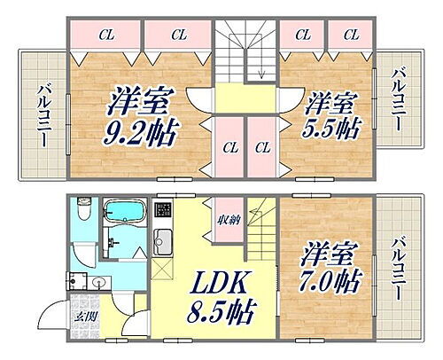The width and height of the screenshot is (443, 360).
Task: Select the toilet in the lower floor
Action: (82, 213)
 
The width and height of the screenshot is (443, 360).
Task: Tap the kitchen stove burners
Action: (163, 213)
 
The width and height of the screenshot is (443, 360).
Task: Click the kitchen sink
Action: (163, 241)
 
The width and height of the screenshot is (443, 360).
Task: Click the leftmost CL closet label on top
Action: (105, 35)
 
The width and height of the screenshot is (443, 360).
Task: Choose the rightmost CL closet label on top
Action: (350, 35)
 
